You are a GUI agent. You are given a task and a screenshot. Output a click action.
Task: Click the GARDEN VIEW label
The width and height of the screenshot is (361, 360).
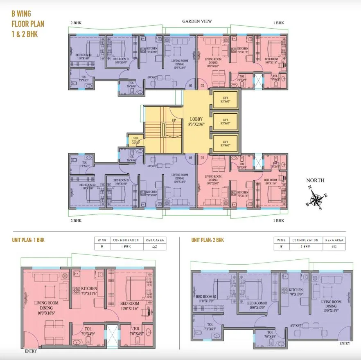[x=197, y=21]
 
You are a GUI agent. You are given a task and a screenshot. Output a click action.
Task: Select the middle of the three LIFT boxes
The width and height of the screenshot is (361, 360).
[x=225, y=122]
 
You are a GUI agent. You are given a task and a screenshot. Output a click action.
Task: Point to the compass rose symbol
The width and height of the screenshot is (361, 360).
[x=316, y=200]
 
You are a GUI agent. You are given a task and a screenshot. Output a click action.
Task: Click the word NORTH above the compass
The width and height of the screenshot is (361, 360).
[x=315, y=180]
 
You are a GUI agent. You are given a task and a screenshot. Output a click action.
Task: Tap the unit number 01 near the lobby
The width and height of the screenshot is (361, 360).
[x=190, y=86]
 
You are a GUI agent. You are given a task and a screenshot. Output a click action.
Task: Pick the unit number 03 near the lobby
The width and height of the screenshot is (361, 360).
[x=201, y=157]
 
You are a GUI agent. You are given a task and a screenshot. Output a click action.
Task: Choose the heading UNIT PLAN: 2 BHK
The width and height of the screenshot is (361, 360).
[x=208, y=240]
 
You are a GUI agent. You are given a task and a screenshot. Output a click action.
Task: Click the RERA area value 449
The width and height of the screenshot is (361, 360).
[x=155, y=247]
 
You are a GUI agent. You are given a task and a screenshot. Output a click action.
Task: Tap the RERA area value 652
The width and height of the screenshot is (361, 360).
[x=334, y=247]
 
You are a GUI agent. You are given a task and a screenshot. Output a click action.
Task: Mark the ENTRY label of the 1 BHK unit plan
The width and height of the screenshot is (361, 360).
[x=31, y=351]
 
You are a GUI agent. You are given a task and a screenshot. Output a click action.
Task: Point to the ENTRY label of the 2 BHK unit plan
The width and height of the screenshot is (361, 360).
[x=345, y=343]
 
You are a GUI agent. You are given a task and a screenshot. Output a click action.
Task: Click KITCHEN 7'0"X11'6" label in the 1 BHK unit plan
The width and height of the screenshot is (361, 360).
[x=89, y=290]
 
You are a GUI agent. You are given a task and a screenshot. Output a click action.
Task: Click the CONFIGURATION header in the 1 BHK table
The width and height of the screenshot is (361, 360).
[x=125, y=240]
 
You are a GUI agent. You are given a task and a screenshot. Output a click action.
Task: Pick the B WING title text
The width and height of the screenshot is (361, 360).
[x=21, y=14]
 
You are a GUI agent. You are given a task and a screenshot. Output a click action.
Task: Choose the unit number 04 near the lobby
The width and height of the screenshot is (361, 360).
[x=190, y=157]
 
